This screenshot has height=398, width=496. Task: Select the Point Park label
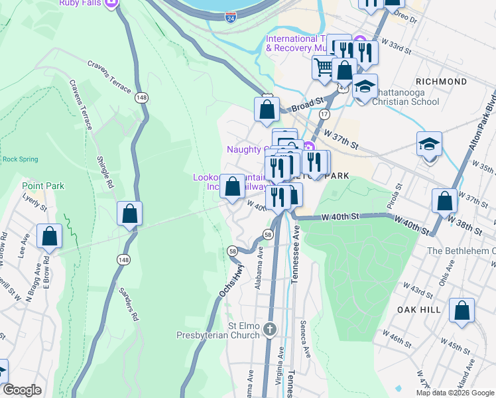(x=43, y=186)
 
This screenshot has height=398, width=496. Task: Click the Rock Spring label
(x=20, y=159)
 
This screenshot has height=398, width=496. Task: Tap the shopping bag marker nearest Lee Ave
(x=49, y=235)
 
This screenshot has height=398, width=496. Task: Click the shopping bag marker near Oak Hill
(x=462, y=310)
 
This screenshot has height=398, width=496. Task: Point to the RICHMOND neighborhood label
(x=443, y=82)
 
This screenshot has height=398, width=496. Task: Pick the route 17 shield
(x=324, y=114)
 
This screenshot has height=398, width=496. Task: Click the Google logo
(x=23, y=390)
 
